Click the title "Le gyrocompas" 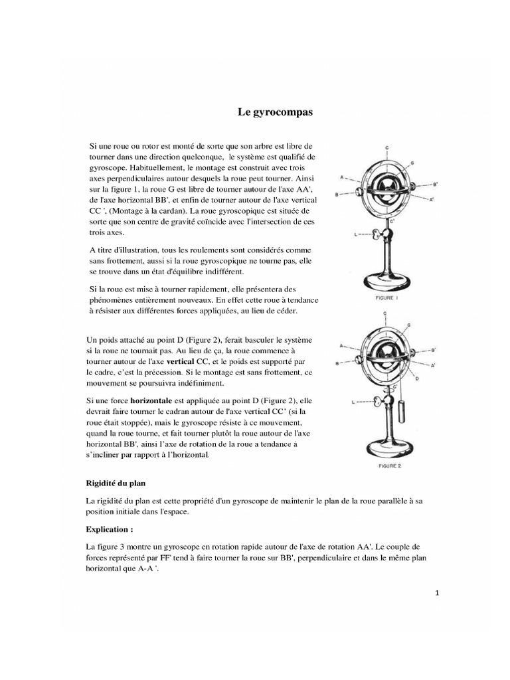[x=275, y=112]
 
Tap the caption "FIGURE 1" [x=387, y=300]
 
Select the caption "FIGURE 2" [x=390, y=466]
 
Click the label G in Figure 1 [x=412, y=163]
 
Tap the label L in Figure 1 [x=356, y=234]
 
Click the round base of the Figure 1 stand [x=389, y=282]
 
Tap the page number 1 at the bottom [x=437, y=594]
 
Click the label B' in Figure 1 [x=435, y=184]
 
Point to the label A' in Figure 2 [x=433, y=366]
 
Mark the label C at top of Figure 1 [x=387, y=145]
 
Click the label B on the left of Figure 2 [x=339, y=363]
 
